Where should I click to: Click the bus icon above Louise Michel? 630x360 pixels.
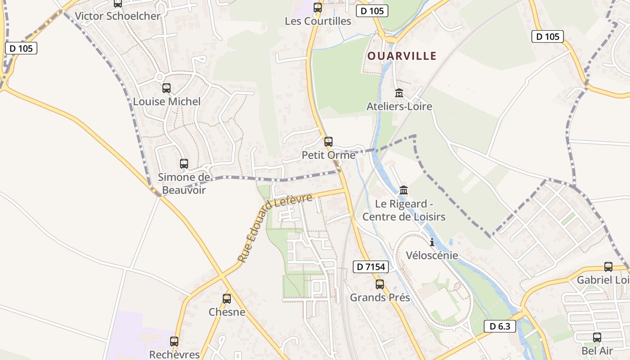point(166,88)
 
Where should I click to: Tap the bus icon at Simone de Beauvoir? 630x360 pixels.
point(184,163)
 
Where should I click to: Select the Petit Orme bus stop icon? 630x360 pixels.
point(328,141)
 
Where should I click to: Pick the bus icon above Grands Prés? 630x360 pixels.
point(380,284)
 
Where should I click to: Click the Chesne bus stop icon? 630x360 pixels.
point(227,298)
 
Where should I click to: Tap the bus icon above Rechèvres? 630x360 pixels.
point(174,341)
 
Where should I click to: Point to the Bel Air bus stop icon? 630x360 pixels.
point(597,337)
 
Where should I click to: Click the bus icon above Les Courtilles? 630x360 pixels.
point(318,7)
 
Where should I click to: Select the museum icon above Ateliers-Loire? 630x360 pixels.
point(399,93)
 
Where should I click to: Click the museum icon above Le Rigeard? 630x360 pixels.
point(404,190)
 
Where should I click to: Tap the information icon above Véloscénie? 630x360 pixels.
point(432,242)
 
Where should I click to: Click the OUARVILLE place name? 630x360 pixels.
point(402,56)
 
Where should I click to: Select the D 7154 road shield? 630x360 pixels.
point(370,267)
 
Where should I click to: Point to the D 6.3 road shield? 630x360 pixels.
point(499,326)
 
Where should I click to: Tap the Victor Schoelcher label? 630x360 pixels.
point(117,16)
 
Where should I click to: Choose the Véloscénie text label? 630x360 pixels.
point(432,256)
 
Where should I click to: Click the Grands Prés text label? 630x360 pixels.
point(380,297)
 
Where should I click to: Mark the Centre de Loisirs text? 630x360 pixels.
point(404,216)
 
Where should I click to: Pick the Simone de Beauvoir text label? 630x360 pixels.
point(184,184)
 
